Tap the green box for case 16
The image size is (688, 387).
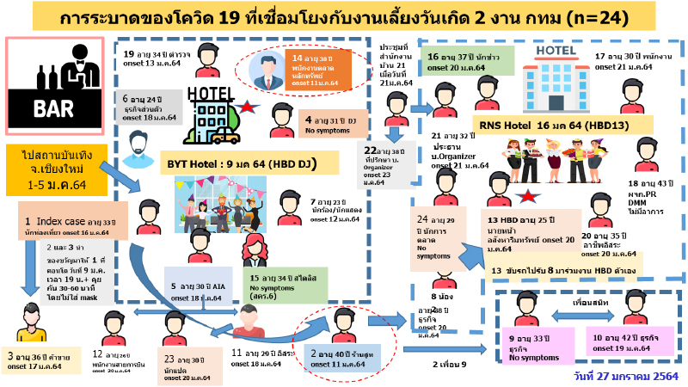[x=464, y=61]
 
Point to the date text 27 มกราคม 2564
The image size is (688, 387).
[x=625, y=376]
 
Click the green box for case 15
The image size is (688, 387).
[x=283, y=288]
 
